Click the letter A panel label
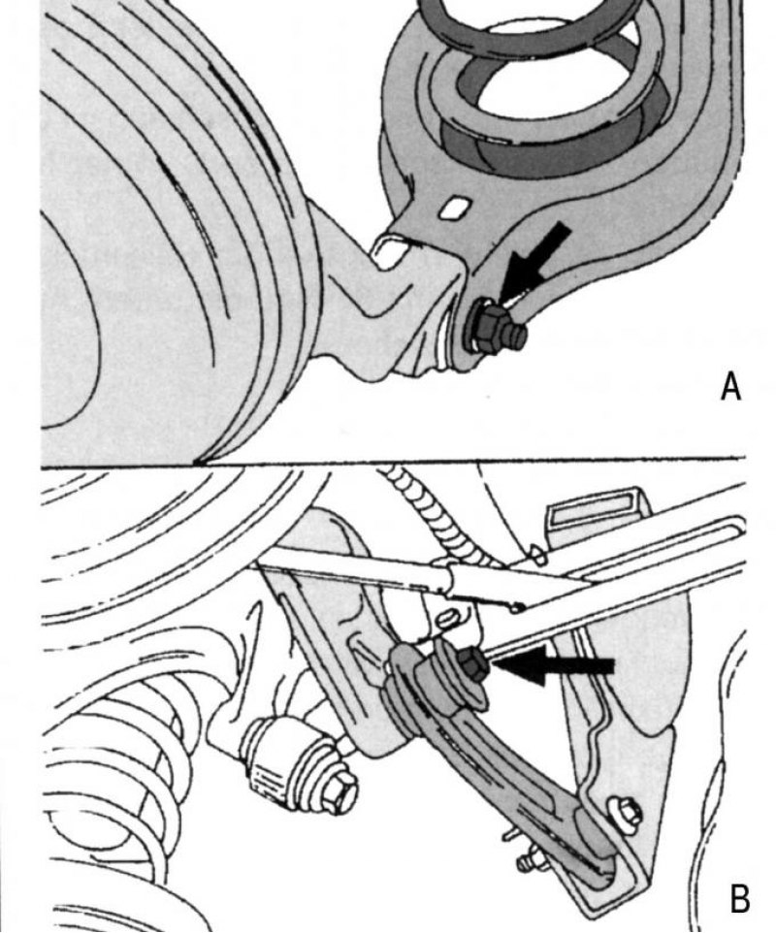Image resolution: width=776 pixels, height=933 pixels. click(730, 387)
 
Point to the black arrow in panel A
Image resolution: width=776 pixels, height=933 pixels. click(535, 261)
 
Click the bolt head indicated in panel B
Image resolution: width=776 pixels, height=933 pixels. click(473, 664)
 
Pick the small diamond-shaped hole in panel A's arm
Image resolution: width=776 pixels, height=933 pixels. click(457, 207)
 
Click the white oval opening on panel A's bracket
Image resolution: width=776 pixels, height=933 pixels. click(390, 253)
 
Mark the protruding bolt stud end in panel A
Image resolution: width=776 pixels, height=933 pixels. click(516, 337)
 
